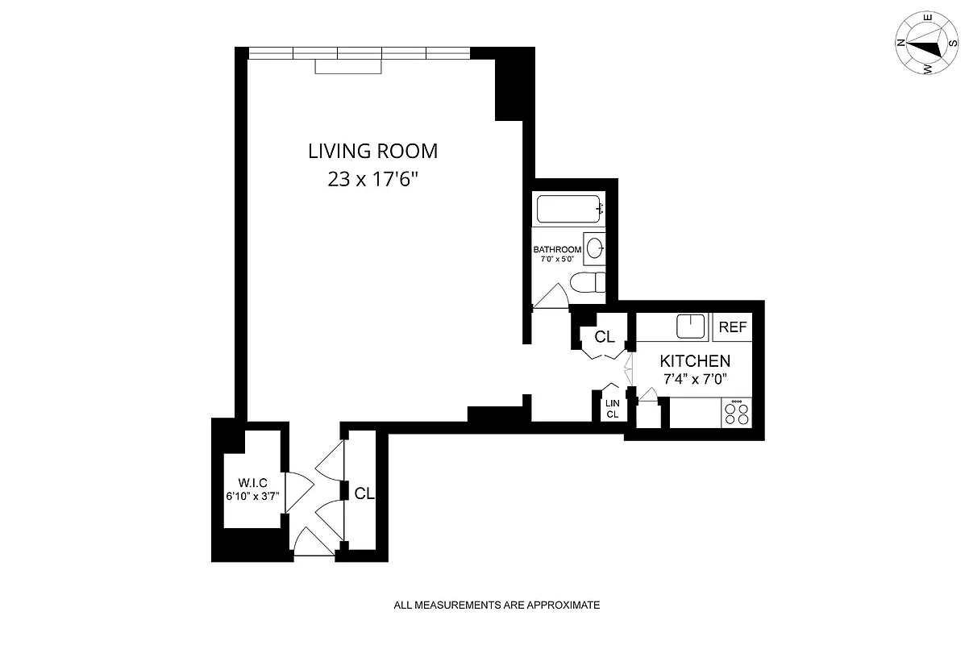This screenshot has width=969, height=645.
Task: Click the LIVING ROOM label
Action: click(372, 150)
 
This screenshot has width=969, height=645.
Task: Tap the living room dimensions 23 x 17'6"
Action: click(372, 180)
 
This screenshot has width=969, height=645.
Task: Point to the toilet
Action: click(587, 283)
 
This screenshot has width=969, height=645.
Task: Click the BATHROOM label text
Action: click(557, 249)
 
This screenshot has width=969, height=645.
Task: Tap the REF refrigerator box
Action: click(733, 327)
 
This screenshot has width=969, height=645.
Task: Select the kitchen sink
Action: click(691, 327)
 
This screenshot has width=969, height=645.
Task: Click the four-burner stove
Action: click(736, 414)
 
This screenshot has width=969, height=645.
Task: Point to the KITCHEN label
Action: click(695, 361)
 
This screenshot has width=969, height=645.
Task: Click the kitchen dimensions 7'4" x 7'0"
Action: click(695, 379)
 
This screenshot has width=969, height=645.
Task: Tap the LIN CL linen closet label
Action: click(612, 409)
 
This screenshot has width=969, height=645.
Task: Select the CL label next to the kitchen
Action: click(605, 337)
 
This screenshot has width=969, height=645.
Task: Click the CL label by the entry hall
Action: click(364, 493)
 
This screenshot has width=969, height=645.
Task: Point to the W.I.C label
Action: click(252, 484)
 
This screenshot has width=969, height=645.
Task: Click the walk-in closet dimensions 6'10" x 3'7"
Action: click(252, 497)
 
